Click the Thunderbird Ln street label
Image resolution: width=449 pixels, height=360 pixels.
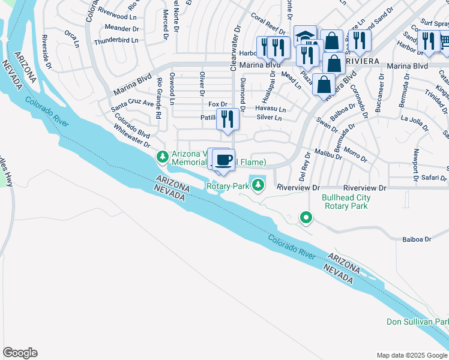(116, 40)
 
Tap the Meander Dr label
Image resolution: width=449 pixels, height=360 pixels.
(122, 28)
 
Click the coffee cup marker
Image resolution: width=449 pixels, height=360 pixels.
(224, 160)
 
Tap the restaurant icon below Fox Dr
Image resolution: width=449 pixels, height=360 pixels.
(228, 118)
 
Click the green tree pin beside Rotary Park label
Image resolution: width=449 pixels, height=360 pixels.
(258, 185)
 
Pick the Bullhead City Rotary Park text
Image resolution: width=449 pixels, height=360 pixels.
(346, 202)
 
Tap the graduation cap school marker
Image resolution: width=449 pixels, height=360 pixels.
(305, 36)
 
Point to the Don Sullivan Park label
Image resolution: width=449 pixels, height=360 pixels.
(417, 322)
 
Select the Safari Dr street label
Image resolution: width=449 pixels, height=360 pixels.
(433, 178)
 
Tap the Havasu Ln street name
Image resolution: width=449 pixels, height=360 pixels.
(270, 109)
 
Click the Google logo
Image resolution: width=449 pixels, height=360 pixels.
(20, 353)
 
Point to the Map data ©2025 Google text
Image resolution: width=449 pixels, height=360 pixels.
(411, 355)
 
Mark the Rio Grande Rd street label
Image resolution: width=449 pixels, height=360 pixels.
(159, 106)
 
